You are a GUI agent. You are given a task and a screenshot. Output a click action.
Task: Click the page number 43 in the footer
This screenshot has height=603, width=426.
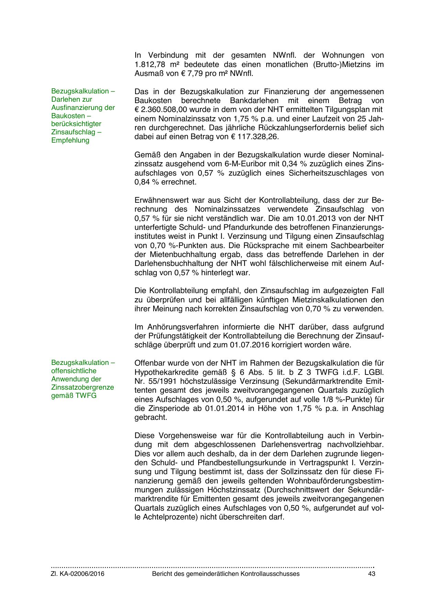(371, 574)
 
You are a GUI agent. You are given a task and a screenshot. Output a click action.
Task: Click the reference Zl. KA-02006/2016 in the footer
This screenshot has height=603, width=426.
(78, 574)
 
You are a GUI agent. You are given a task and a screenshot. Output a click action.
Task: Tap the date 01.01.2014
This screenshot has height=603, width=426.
(225, 409)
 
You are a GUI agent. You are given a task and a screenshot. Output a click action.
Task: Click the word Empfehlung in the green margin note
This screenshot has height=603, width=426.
(70, 140)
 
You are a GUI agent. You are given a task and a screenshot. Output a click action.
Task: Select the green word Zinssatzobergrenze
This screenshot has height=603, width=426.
(82, 387)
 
